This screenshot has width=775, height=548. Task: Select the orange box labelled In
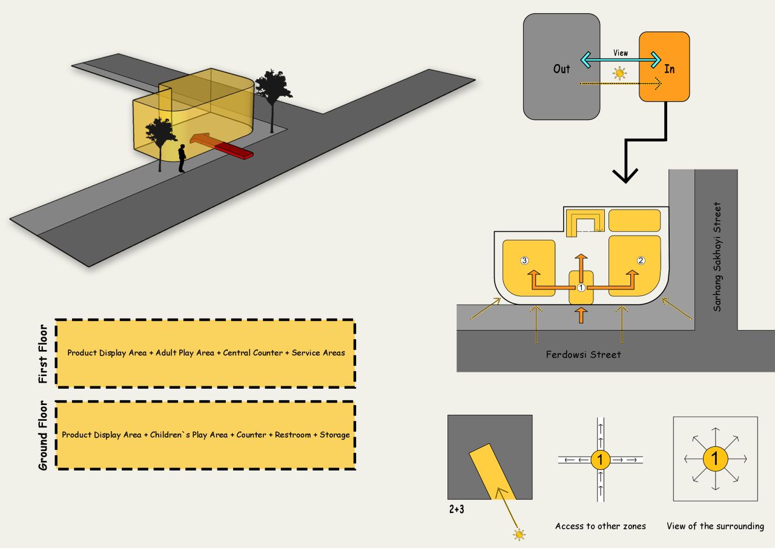665,67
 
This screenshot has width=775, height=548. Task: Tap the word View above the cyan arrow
621,53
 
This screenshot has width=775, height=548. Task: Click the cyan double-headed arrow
621,61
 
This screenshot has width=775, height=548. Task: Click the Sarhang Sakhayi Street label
717,257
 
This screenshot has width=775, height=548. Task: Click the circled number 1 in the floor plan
581,288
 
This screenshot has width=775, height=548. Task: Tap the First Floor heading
43,354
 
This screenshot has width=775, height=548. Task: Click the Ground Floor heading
43,435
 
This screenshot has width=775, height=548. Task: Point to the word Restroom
292,435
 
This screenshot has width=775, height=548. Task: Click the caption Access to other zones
600,526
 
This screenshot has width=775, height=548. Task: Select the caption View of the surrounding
715,526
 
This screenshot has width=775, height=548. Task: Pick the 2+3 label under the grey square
457,510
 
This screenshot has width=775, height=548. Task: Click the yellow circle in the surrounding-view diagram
715,459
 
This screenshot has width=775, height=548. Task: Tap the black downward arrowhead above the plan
625,175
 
